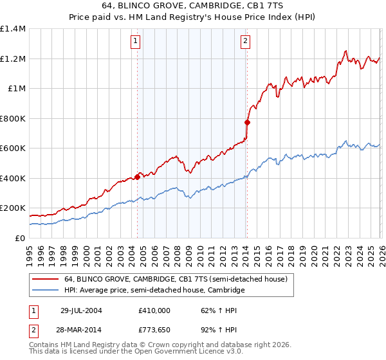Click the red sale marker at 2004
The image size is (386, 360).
(x=138, y=177)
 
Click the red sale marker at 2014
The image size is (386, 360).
(x=247, y=122)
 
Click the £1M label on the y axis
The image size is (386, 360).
(x=16, y=89)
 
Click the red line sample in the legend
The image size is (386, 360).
(x=46, y=279)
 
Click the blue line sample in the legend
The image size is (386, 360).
(x=46, y=291)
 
